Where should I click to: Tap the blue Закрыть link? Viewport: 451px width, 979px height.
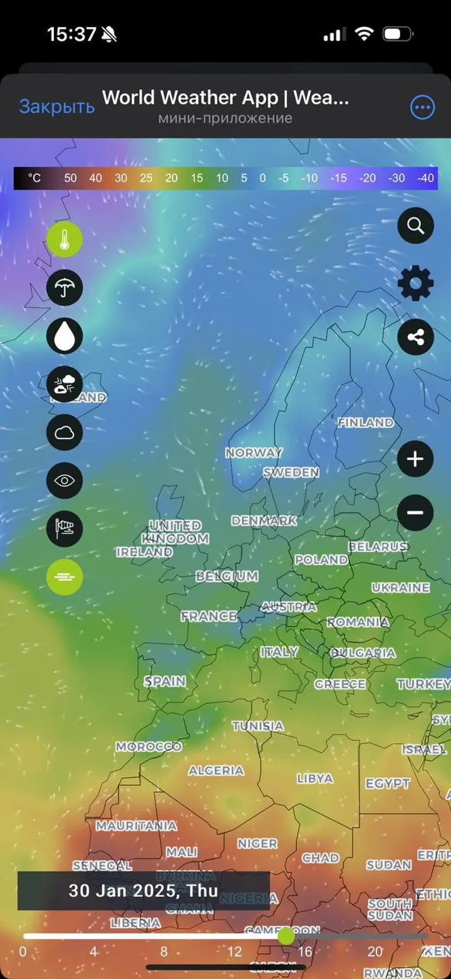[x=56, y=107]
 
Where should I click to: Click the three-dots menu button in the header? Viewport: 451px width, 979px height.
[x=422, y=107]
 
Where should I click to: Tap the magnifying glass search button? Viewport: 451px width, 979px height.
[x=415, y=226]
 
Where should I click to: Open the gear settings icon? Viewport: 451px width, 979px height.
[x=415, y=283]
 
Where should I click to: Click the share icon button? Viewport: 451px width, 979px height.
[x=415, y=337]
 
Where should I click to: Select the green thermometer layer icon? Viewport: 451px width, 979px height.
[x=65, y=239]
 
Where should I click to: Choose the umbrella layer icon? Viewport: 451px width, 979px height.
[x=65, y=288]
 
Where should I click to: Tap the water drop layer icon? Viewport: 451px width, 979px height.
[x=65, y=336]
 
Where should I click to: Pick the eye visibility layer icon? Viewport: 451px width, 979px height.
[x=65, y=481]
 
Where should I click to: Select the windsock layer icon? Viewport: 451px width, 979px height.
[x=65, y=528]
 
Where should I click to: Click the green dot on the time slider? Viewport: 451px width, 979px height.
[x=286, y=936]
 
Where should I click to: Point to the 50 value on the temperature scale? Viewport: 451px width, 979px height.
[x=70, y=178]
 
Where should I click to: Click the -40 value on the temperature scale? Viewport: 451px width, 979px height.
[x=425, y=178]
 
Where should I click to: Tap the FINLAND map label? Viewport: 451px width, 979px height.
[x=366, y=423]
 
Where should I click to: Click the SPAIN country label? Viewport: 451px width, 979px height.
[x=165, y=681]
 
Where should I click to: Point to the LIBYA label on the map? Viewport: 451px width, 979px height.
[x=315, y=778]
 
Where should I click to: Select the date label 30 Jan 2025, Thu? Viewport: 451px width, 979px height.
[x=143, y=891]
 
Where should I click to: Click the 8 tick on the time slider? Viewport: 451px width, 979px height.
[x=164, y=952]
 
